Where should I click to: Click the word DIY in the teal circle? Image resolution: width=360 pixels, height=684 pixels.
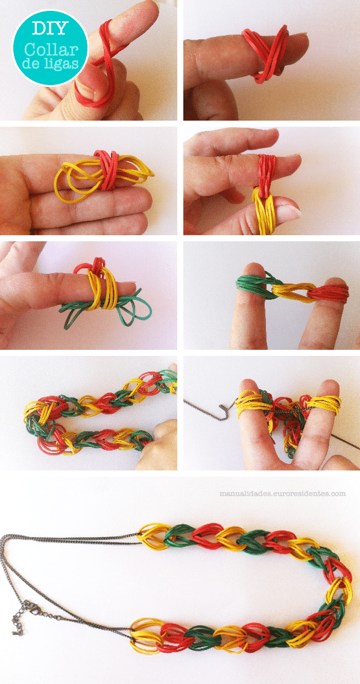50,28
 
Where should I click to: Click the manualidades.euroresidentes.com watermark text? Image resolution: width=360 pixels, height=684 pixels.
282,494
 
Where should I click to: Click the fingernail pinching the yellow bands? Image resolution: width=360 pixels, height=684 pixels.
288,213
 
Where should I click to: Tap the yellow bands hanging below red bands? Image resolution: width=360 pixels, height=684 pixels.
264,211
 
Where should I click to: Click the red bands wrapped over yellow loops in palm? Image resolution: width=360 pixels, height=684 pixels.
106,169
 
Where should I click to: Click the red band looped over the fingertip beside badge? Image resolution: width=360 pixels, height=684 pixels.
99,65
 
